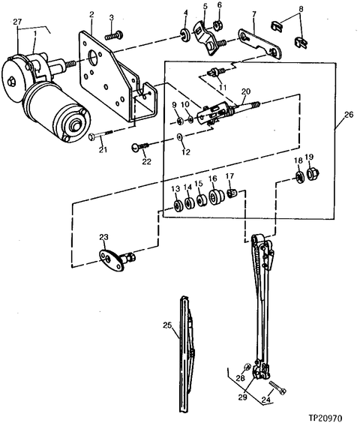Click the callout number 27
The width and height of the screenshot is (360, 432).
17,22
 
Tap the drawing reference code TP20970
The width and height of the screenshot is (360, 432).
325,418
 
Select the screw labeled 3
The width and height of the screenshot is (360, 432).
114,36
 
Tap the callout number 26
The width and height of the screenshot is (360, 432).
349,114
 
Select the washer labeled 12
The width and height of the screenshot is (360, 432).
179,136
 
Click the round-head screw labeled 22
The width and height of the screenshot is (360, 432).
140,146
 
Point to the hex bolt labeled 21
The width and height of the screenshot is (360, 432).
100,135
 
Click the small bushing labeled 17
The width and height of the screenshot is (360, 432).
232,193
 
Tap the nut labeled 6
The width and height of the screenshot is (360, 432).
217,25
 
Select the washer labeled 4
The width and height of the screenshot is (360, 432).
184,34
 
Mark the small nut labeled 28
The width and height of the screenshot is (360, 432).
247,367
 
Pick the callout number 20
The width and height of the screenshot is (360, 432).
246,91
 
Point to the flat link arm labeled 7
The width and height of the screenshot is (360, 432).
259,43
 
